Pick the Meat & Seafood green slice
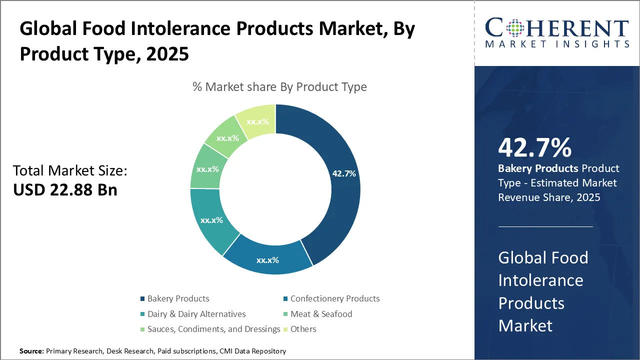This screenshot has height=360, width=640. pyautogui.click(x=207, y=169)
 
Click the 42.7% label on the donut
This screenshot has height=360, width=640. pyautogui.click(x=344, y=173)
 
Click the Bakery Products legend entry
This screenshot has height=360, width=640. pyautogui.click(x=178, y=298)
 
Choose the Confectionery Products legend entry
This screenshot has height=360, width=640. pyautogui.click(x=334, y=298)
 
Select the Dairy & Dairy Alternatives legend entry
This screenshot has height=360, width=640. pyautogui.click(x=196, y=314)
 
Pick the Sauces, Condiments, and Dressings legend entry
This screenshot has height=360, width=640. pyautogui.click(x=213, y=329)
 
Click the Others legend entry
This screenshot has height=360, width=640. pyautogui.click(x=303, y=329)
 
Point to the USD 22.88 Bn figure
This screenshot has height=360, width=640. pyautogui.click(x=65, y=190)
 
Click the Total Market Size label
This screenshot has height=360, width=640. pyautogui.click(x=70, y=171)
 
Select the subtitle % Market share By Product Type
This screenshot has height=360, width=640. pyautogui.click(x=279, y=87)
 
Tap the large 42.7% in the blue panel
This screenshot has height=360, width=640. pyautogui.click(x=534, y=148)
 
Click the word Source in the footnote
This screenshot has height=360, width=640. pyautogui.click(x=31, y=351)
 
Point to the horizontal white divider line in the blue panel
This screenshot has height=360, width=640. pyautogui.click(x=545, y=226)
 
